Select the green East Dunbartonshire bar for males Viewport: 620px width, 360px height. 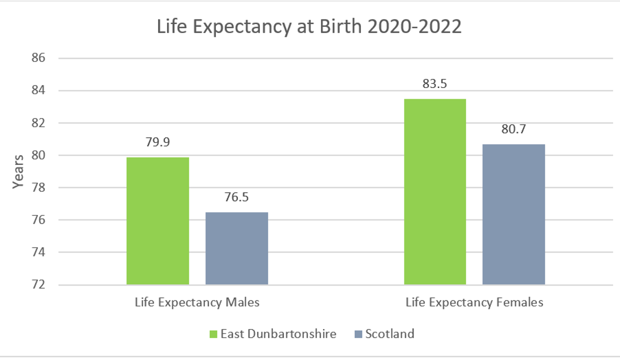point(157,221)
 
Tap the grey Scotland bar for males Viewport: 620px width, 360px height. point(236,248)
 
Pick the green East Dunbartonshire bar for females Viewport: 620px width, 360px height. point(435,192)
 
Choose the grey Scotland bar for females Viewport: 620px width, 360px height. point(513,214)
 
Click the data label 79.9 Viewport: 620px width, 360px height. point(158,142)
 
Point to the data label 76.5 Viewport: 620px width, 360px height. point(236,197)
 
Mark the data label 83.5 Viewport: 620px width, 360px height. point(435,84)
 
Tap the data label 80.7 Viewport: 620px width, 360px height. point(513,129)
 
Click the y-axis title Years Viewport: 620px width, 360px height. point(18,171)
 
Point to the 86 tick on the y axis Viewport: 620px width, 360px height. point(38,58)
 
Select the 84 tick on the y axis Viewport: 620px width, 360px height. point(38,90)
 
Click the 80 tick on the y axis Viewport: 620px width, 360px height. point(38,155)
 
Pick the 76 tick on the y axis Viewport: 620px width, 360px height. point(38,220)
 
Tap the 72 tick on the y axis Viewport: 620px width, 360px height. point(38,285)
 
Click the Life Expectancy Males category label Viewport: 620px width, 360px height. point(197,302)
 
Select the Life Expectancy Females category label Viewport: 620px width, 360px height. point(474,302)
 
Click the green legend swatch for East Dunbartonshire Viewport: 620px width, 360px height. point(212,333)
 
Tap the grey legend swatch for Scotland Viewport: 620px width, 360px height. point(358,333)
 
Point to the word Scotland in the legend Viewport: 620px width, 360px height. point(389,333)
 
